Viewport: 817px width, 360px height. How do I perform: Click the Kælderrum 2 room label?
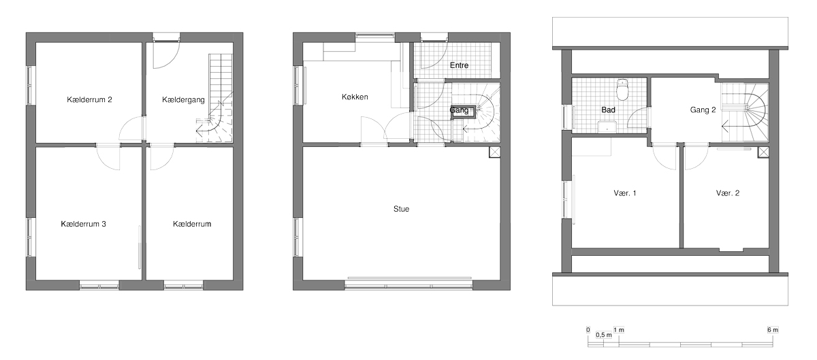89,99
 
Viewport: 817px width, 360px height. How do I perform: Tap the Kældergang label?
183,100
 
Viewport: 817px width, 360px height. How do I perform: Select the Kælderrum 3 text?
84,224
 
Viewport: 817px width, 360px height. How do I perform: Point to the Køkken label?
355,97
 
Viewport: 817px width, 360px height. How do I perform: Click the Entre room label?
459,65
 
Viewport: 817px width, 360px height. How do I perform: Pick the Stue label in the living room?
401,209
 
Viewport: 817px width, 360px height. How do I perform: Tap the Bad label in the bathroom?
609,110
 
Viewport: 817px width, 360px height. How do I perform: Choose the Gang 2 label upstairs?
703,110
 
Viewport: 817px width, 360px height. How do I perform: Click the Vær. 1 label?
625,193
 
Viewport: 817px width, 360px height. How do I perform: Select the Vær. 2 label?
728,193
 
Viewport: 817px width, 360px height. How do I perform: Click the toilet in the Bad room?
622,89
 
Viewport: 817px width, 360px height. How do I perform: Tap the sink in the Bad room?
607,128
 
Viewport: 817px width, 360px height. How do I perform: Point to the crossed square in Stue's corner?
494,152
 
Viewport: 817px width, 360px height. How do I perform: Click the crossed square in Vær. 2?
763,152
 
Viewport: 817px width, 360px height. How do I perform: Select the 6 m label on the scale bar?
773,330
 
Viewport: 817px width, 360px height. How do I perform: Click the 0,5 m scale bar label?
604,335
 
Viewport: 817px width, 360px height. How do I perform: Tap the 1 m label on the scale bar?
619,330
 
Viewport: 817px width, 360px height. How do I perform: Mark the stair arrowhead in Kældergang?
199,130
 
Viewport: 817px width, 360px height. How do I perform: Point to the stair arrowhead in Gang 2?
725,127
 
